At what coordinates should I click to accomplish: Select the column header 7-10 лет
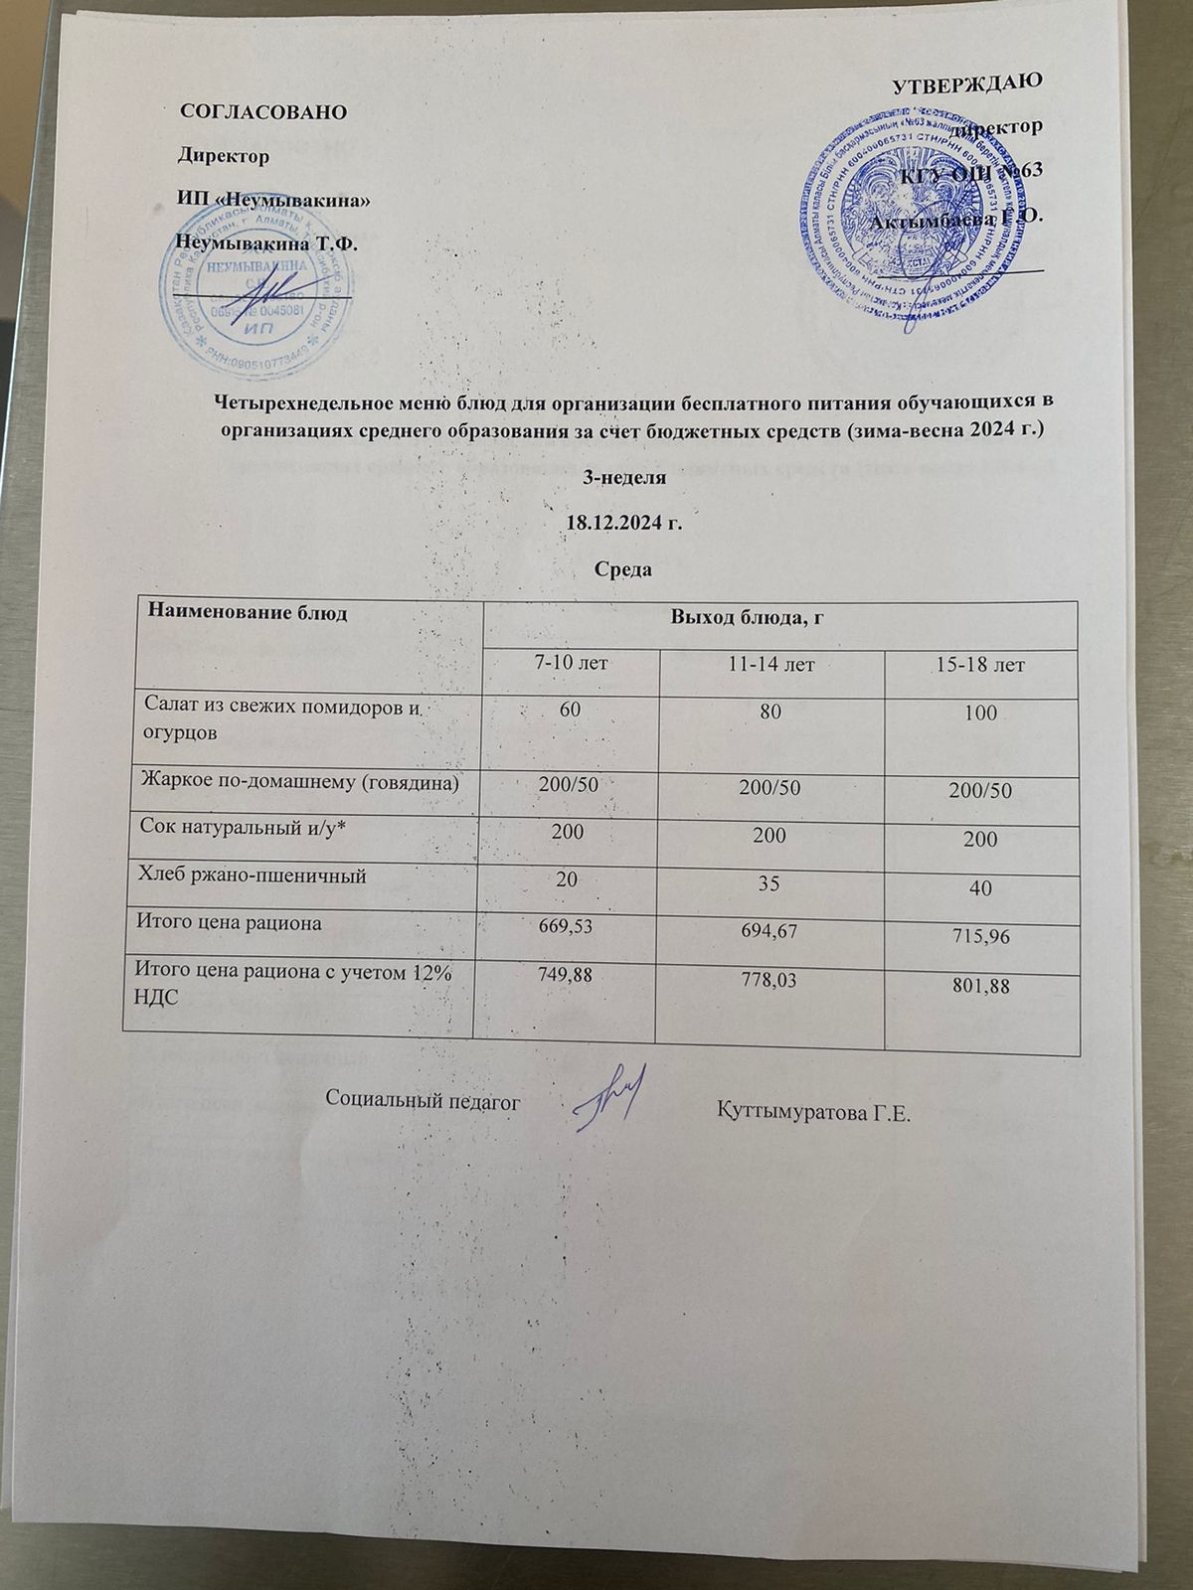(570, 662)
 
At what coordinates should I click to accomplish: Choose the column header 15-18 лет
(979, 664)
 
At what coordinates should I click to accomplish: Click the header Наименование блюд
(248, 613)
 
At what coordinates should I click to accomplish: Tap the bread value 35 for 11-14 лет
(770, 880)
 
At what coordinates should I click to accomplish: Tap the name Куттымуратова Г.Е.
(812, 1108)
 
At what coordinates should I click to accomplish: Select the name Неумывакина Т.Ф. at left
(265, 241)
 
